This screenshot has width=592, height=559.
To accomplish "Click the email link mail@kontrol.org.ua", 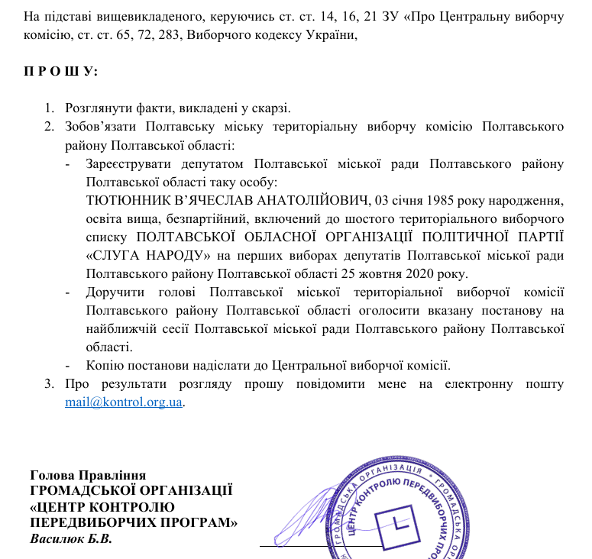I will [124, 401].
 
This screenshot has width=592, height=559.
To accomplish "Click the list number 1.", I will [47, 108].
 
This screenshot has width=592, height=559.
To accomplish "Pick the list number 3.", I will [47, 383].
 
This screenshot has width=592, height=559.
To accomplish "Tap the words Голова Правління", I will [88, 475].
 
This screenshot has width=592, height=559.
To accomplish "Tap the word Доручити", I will [112, 291].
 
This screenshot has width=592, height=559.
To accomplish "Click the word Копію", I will [105, 364].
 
